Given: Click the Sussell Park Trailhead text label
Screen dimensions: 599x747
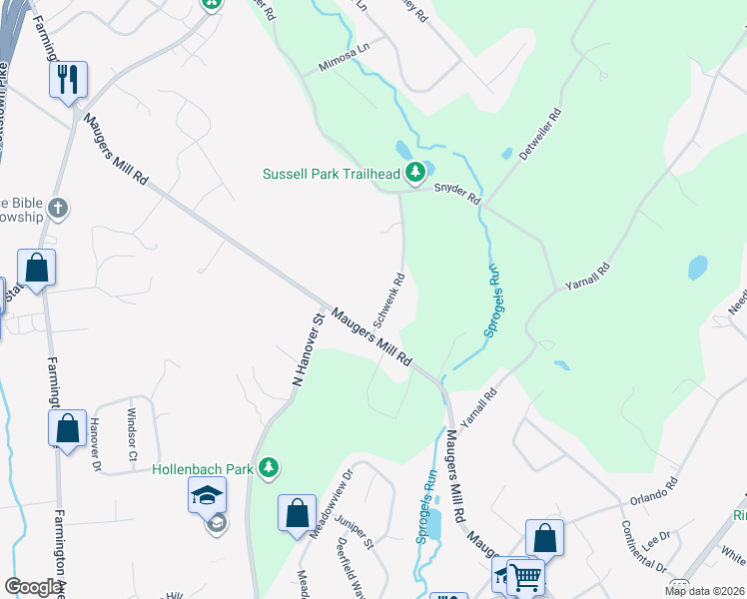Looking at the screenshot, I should click(x=332, y=174).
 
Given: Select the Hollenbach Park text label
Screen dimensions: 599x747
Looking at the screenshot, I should click(x=204, y=467).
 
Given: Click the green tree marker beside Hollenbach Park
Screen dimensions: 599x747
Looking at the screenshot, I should click(x=268, y=466).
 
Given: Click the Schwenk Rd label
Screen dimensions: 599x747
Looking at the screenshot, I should click(x=388, y=299).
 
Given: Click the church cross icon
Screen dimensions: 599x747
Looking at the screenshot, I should click(x=59, y=209).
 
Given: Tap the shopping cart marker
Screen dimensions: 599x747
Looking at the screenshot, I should click(x=525, y=575).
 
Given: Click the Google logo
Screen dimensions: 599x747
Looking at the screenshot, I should click(x=34, y=587).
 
